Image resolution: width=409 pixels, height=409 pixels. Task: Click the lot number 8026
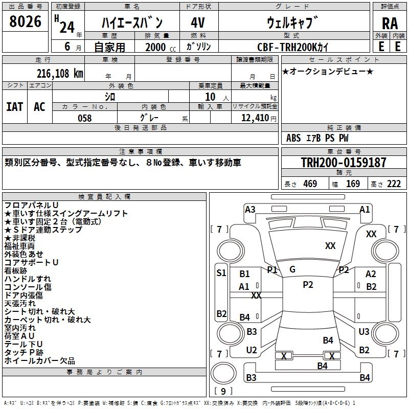pos(25,21)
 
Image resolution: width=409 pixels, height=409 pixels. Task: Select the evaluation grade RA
pos(390,24)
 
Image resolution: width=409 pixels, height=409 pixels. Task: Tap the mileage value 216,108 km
pos(60,74)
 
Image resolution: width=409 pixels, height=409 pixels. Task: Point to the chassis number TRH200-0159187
pos(344,162)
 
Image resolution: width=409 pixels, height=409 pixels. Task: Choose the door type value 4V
pos(198,22)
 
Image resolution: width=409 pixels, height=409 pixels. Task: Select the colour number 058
pos(84,118)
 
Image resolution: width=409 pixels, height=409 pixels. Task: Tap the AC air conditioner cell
pos(39,107)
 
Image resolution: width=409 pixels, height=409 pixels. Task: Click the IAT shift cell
pos(14,107)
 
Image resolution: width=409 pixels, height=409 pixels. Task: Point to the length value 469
pos(310,184)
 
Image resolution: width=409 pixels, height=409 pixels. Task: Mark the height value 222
pos(394,184)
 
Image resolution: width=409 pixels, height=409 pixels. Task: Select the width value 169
pos(353,184)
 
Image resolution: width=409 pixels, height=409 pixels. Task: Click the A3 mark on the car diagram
pos(250,210)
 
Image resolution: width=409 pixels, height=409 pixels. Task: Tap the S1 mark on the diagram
pos(221,273)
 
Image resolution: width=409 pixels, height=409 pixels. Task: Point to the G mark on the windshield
pos(292,269)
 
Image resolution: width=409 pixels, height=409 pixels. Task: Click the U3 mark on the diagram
pos(364,331)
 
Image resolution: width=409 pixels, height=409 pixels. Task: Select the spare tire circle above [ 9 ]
pos(223,373)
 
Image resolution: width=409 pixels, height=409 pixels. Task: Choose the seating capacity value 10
pos(210,97)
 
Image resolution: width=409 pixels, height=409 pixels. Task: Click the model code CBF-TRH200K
pos(287,47)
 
